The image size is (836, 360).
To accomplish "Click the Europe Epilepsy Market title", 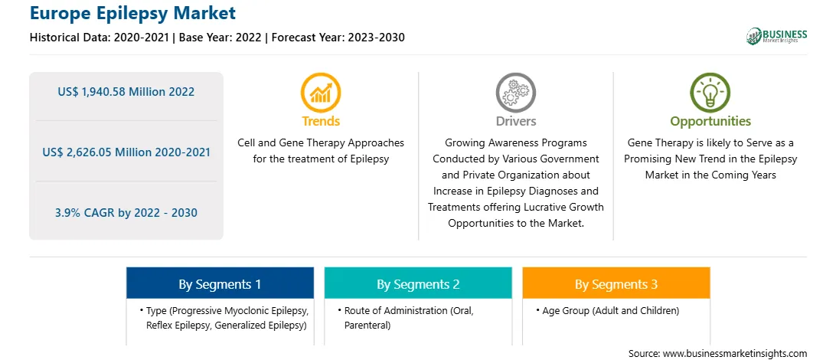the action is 132,13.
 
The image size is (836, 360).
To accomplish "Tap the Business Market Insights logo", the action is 776,36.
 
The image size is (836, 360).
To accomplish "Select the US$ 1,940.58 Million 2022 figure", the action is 126,92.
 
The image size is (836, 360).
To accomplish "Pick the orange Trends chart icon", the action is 321,92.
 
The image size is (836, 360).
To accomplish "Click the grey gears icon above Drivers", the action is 515,92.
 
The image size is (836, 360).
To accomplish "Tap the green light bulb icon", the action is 710,92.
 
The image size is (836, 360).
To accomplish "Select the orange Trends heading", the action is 321,121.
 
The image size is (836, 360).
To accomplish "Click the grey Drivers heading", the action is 515,121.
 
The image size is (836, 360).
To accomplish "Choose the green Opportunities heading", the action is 710,122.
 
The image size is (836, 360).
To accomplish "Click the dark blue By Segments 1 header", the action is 220,283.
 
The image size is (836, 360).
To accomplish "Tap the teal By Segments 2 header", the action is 418,283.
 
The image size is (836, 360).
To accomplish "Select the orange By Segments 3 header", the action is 616,283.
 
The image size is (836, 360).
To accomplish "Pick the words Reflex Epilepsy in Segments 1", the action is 178,325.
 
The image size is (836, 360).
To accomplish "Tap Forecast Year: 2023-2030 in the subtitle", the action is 338,38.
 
